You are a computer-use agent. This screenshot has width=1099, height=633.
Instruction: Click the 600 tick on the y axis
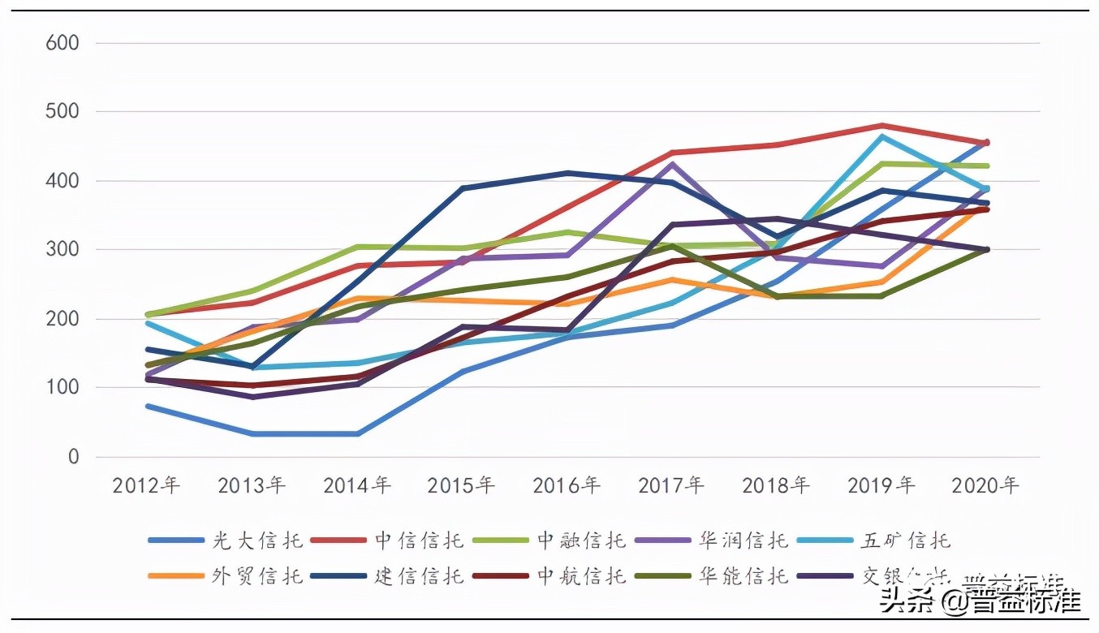(x=62, y=43)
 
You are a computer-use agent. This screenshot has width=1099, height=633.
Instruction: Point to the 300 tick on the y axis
(x=62, y=250)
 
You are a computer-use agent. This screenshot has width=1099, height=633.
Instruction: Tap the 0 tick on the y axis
(x=74, y=457)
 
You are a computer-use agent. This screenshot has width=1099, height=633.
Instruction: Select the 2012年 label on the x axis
(x=146, y=485)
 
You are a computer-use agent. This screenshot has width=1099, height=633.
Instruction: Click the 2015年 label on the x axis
(x=461, y=485)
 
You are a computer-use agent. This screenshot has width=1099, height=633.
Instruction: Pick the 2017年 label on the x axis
(x=671, y=485)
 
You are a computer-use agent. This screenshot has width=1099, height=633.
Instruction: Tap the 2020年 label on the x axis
(x=985, y=485)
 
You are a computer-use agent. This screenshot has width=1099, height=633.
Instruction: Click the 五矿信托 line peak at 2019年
(x=881, y=136)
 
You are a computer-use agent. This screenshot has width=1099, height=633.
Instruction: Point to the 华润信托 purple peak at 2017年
(x=671, y=165)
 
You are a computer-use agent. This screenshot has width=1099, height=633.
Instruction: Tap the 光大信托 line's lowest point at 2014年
(x=357, y=434)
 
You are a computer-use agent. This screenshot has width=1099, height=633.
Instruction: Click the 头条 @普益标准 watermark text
(x=982, y=601)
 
